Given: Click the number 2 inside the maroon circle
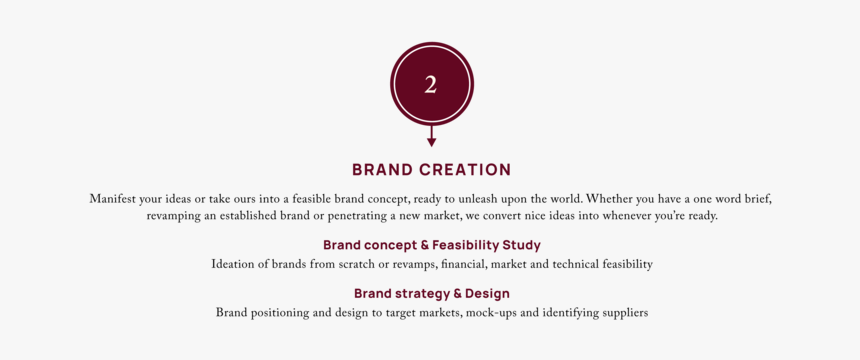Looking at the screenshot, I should coord(430,85).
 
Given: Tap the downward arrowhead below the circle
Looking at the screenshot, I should coord(431,142).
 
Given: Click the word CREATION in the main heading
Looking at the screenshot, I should coord(464,170).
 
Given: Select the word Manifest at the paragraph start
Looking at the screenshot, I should coord(113,199).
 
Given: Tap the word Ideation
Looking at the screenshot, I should coord(234,265).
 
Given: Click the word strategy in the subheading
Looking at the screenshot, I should coord(420,294).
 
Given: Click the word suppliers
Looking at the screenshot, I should coord(620,313).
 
